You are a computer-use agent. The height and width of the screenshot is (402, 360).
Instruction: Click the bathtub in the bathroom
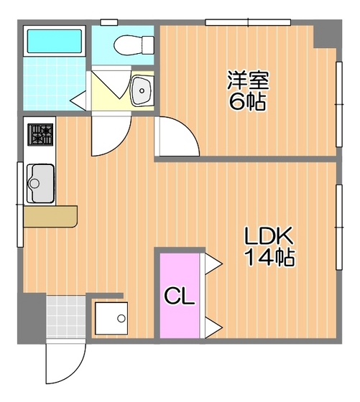point(55,41)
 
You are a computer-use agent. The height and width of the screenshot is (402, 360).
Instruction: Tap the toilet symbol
point(134,45)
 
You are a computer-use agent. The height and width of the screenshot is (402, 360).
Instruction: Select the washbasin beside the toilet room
point(142,90)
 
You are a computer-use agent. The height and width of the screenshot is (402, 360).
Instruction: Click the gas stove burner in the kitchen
point(40,135)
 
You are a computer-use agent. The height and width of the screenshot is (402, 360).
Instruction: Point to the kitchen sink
point(40,183)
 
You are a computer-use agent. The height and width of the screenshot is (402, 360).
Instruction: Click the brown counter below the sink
point(50,216)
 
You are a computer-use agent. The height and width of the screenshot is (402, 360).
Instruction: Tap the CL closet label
point(180,296)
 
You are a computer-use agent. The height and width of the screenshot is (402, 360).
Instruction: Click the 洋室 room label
point(248,80)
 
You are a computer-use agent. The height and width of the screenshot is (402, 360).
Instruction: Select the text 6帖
point(247,101)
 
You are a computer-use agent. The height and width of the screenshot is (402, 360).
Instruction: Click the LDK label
point(269,235)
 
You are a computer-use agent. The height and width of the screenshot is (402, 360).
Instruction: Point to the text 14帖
point(269,257)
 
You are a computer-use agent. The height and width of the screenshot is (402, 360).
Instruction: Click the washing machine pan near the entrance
point(111,318)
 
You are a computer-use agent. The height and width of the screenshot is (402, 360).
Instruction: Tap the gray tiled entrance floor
point(66,317)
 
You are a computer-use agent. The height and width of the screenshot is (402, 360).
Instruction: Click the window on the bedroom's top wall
point(248,22)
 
